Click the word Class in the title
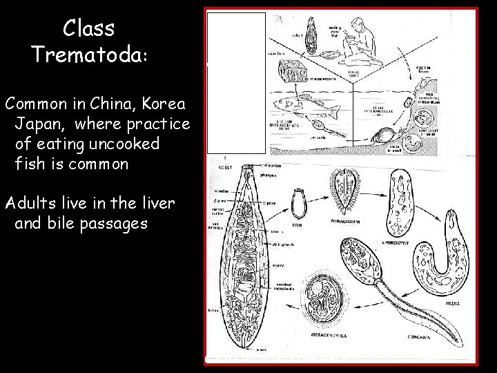click(88, 28)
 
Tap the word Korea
click(163, 104)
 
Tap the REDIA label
click(453, 302)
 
